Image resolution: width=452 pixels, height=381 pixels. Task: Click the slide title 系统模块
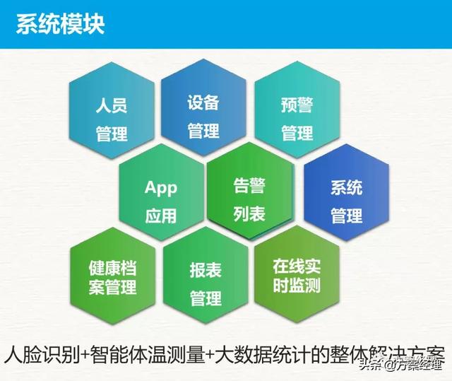(60, 24)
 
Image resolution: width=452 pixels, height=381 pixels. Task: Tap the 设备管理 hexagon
(203, 107)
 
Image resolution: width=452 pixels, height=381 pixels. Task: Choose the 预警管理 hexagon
(297, 110)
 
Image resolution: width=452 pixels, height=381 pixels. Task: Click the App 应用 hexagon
(162, 192)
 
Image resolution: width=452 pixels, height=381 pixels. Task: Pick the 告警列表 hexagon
(250, 190)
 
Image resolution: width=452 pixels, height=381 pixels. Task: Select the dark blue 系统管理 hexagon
(347, 192)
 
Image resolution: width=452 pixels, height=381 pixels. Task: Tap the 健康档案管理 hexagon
(113, 276)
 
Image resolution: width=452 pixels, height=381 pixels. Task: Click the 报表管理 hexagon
(206, 275)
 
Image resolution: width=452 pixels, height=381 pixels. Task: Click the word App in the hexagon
(161, 188)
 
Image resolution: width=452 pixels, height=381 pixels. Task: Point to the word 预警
(297, 105)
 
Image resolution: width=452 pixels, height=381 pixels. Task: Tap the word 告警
(249, 185)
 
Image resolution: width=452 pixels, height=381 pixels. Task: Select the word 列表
(249, 213)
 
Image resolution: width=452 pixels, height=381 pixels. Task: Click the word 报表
(206, 270)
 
